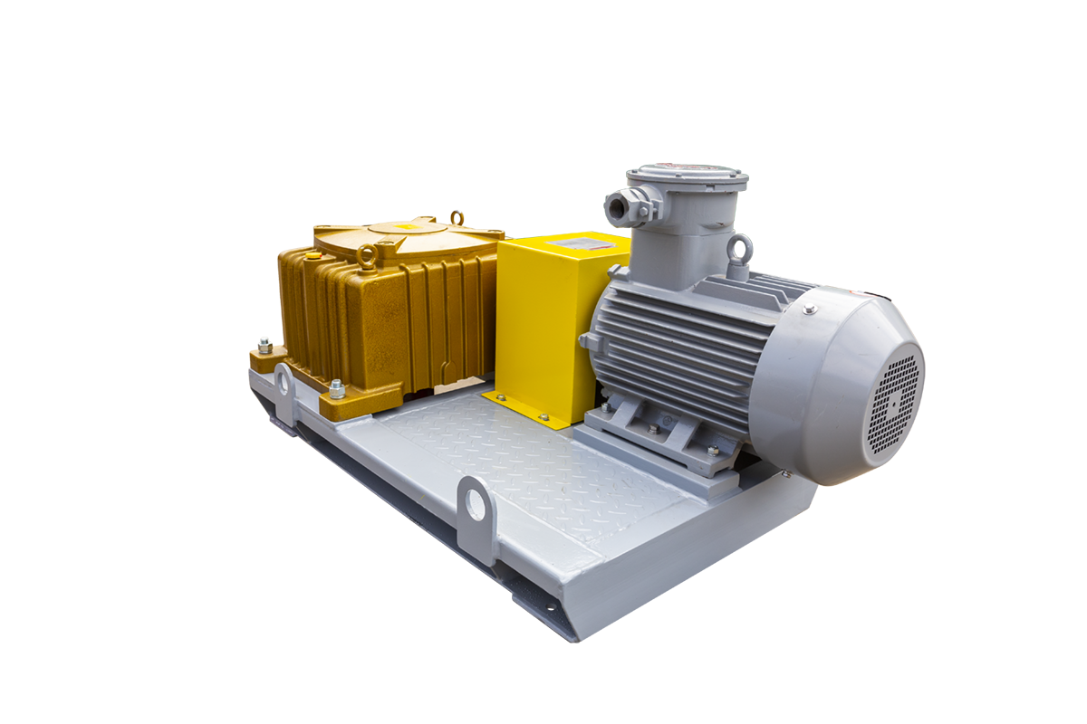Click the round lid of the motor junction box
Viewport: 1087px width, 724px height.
point(688,176)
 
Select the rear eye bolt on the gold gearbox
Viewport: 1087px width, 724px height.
point(456,218)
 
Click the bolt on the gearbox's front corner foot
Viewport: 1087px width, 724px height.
point(336,389)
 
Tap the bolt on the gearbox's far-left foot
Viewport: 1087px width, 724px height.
point(264,345)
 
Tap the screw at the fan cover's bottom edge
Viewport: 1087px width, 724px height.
point(786,472)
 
